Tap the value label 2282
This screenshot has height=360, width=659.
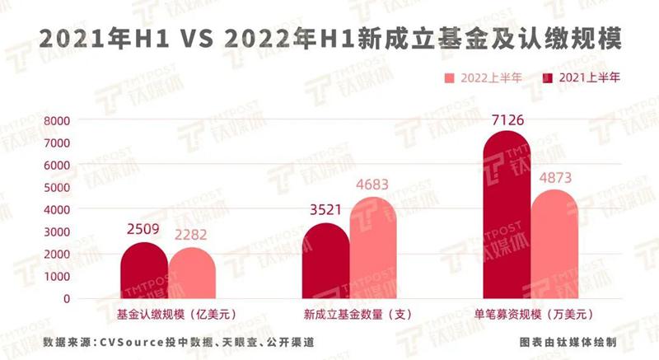coord(190,235)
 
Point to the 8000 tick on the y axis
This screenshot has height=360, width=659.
coord(58,120)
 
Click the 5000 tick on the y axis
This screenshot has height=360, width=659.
coord(58,187)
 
